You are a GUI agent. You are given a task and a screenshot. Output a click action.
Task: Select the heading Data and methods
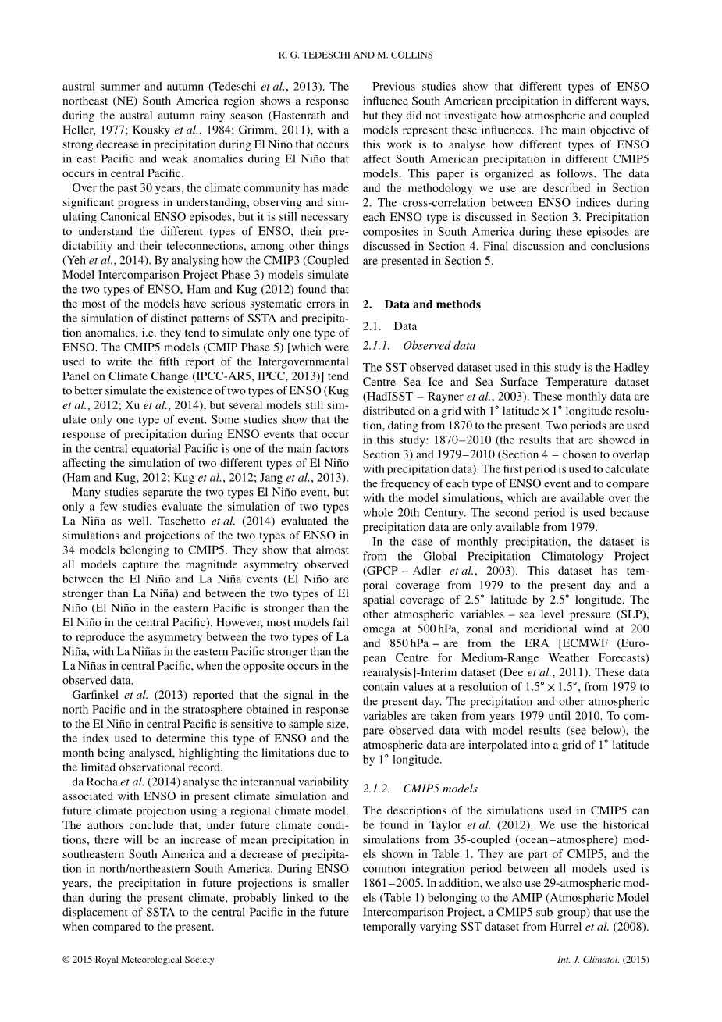(x=432, y=304)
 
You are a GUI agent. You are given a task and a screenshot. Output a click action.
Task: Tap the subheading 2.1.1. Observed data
(x=419, y=345)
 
